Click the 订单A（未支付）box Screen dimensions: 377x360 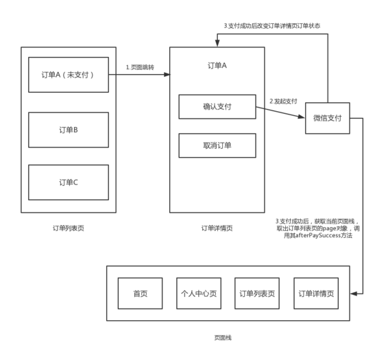pyautogui.click(x=69, y=75)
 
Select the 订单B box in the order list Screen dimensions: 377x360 pyautogui.click(x=69, y=130)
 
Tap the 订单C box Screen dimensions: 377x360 pyautogui.click(x=69, y=182)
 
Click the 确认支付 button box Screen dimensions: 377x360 pyautogui.click(x=217, y=107)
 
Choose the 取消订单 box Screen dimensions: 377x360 pyautogui.click(x=217, y=145)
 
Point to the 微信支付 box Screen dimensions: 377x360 pyautogui.click(x=328, y=118)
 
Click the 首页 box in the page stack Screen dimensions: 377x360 pyautogui.click(x=140, y=293)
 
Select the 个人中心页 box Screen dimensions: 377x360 pyautogui.click(x=199, y=293)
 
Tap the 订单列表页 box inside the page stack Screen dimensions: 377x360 pyautogui.click(x=257, y=293)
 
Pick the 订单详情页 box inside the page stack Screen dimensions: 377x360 pyautogui.click(x=316, y=293)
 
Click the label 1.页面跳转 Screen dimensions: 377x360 pyautogui.click(x=140, y=67)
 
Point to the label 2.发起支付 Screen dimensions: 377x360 pyautogui.click(x=283, y=101)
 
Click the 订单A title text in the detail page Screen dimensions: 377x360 pyautogui.click(x=217, y=65)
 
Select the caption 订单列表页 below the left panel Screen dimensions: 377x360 pyautogui.click(x=69, y=228)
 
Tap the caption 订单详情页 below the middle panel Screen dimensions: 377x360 pyautogui.click(x=217, y=228)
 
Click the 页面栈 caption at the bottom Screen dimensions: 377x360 pyautogui.click(x=223, y=338)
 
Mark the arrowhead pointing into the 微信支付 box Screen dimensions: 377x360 pyautogui.click(x=302, y=117)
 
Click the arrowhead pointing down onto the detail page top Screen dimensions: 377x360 pyautogui.click(x=217, y=43)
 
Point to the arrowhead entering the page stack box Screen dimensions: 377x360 pyautogui.click(x=354, y=293)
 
